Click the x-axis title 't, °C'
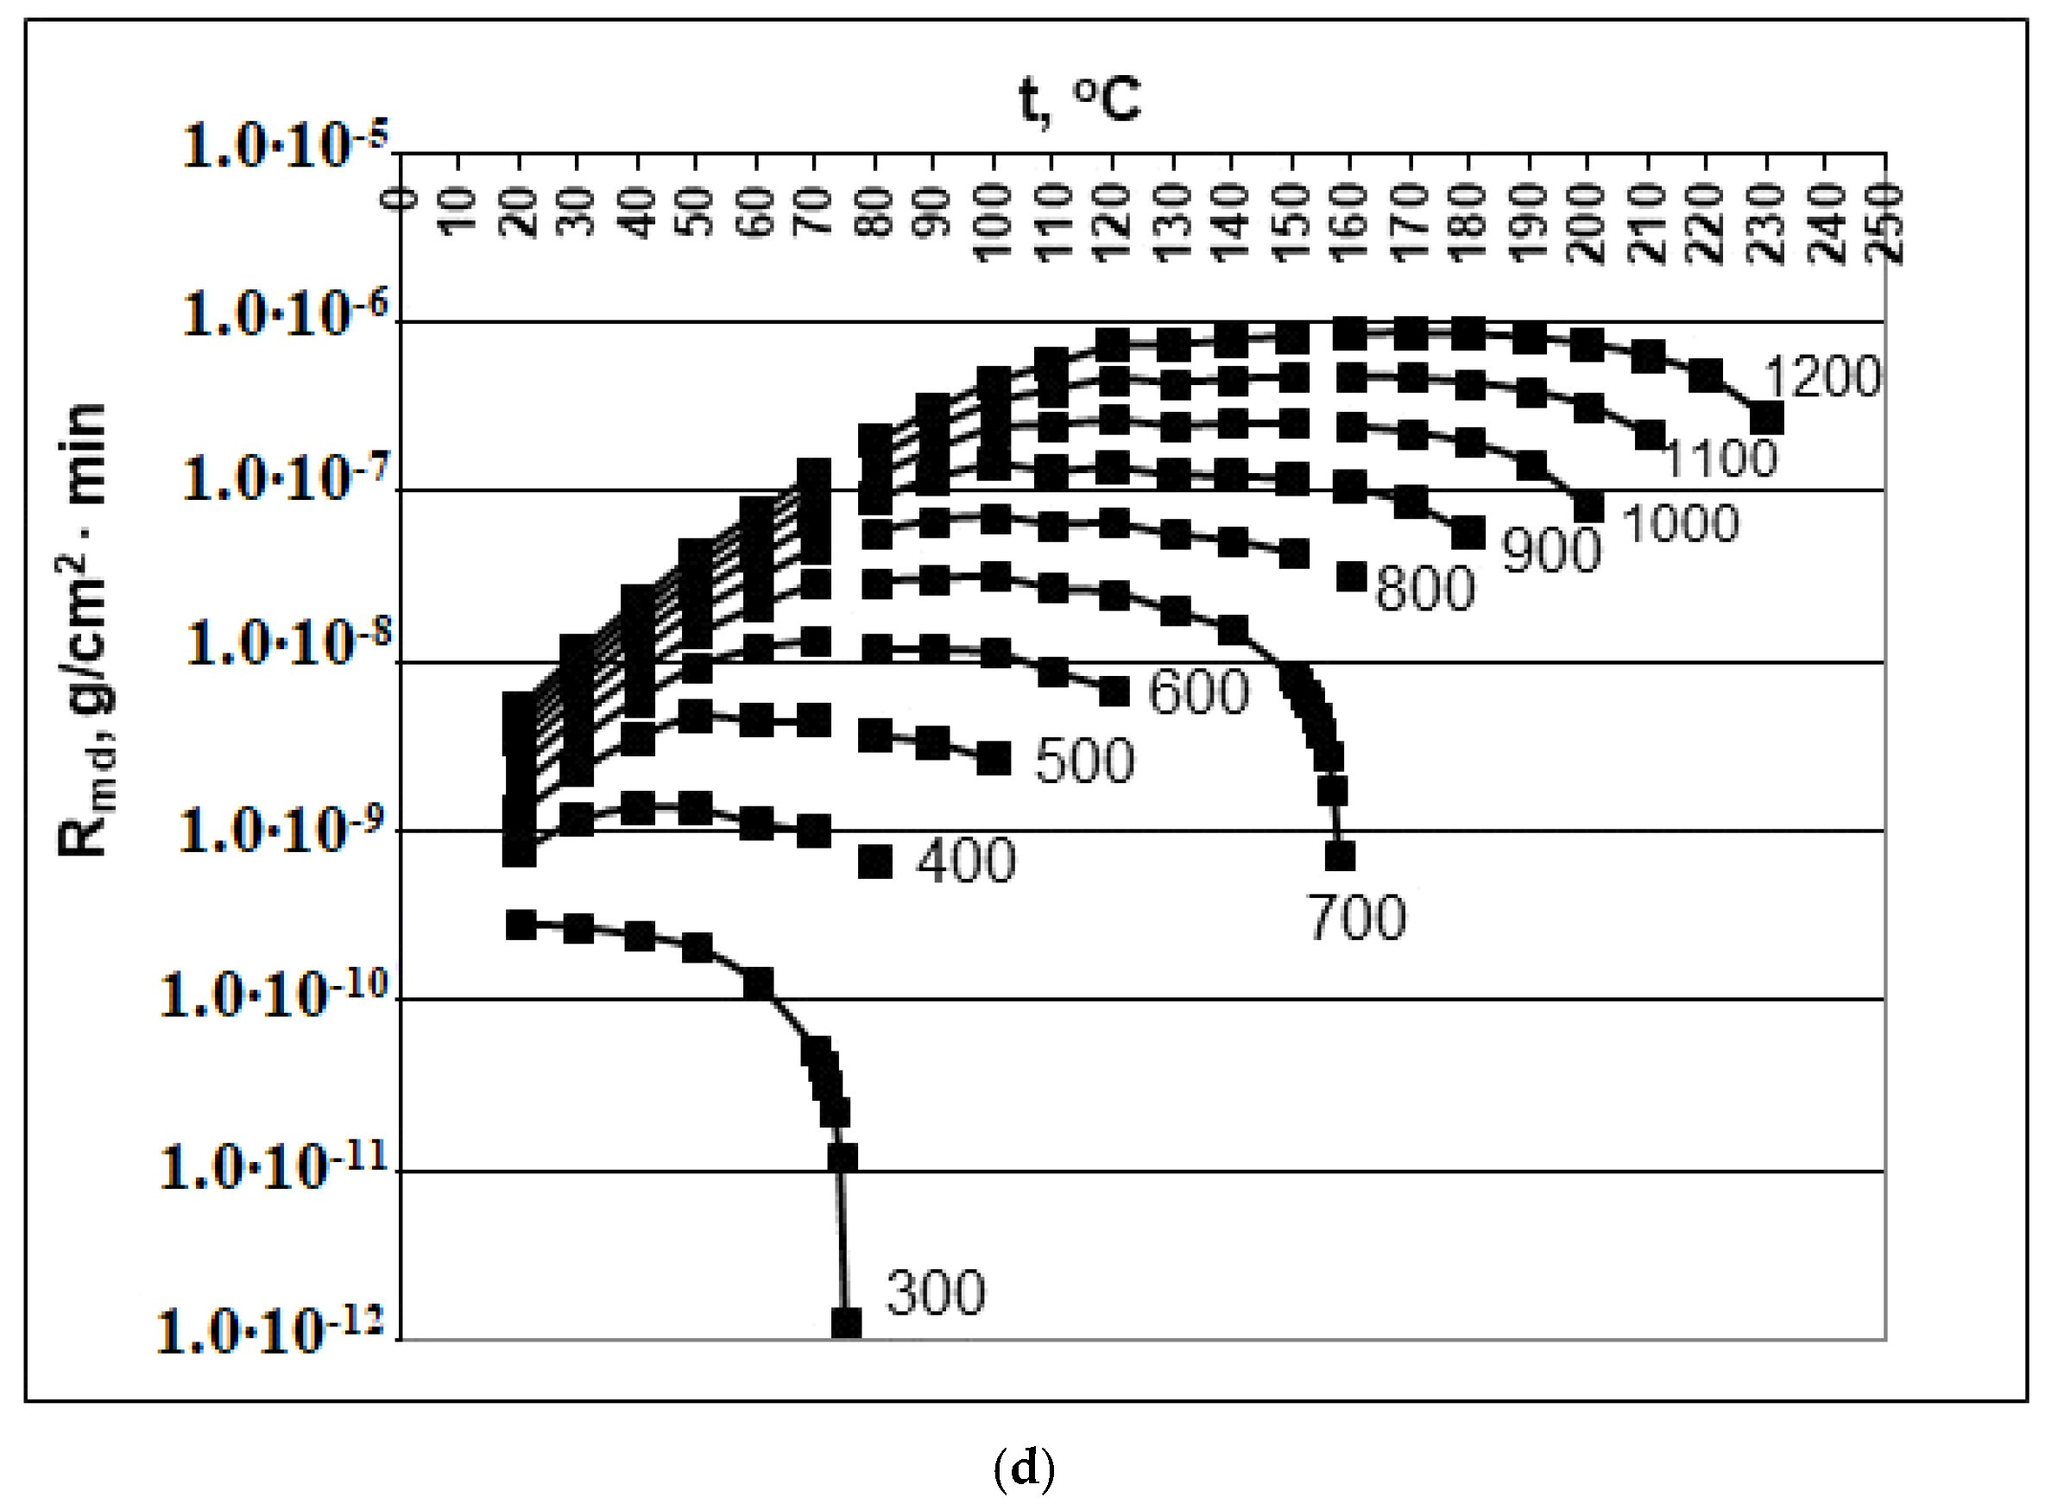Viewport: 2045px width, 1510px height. click(1080, 98)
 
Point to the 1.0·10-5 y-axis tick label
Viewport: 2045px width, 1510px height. click(286, 145)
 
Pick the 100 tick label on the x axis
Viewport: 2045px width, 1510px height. click(993, 223)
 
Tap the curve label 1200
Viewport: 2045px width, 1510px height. click(1822, 376)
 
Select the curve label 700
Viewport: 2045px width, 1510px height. click(1358, 918)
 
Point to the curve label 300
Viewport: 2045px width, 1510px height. click(936, 1292)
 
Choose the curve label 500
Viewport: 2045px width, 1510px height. click(1084, 760)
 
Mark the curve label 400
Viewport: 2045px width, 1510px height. click(966, 860)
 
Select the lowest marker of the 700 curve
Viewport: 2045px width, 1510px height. click(1340, 856)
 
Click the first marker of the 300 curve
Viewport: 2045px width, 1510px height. click(521, 925)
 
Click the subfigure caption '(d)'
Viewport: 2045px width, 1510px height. click(1024, 1468)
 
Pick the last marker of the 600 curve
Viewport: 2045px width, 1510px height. click(1114, 691)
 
